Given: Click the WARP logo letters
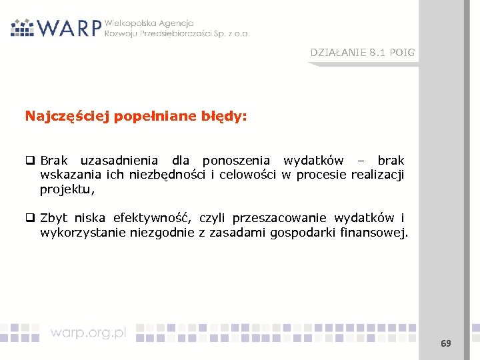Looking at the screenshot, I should click(69, 27).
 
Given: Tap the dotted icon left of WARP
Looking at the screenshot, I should click(22, 27).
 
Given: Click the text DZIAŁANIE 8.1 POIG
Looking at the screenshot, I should click(362, 53).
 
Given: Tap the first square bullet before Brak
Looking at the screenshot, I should click(30, 161).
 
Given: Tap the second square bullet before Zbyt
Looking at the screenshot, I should click(30, 218).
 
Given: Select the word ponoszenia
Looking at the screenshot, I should click(236, 161).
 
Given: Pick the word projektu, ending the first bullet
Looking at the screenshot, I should click(67, 190).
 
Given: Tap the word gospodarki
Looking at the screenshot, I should click(303, 233).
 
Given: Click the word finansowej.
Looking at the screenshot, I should click(375, 233).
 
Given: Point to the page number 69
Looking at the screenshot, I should click(445, 344).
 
